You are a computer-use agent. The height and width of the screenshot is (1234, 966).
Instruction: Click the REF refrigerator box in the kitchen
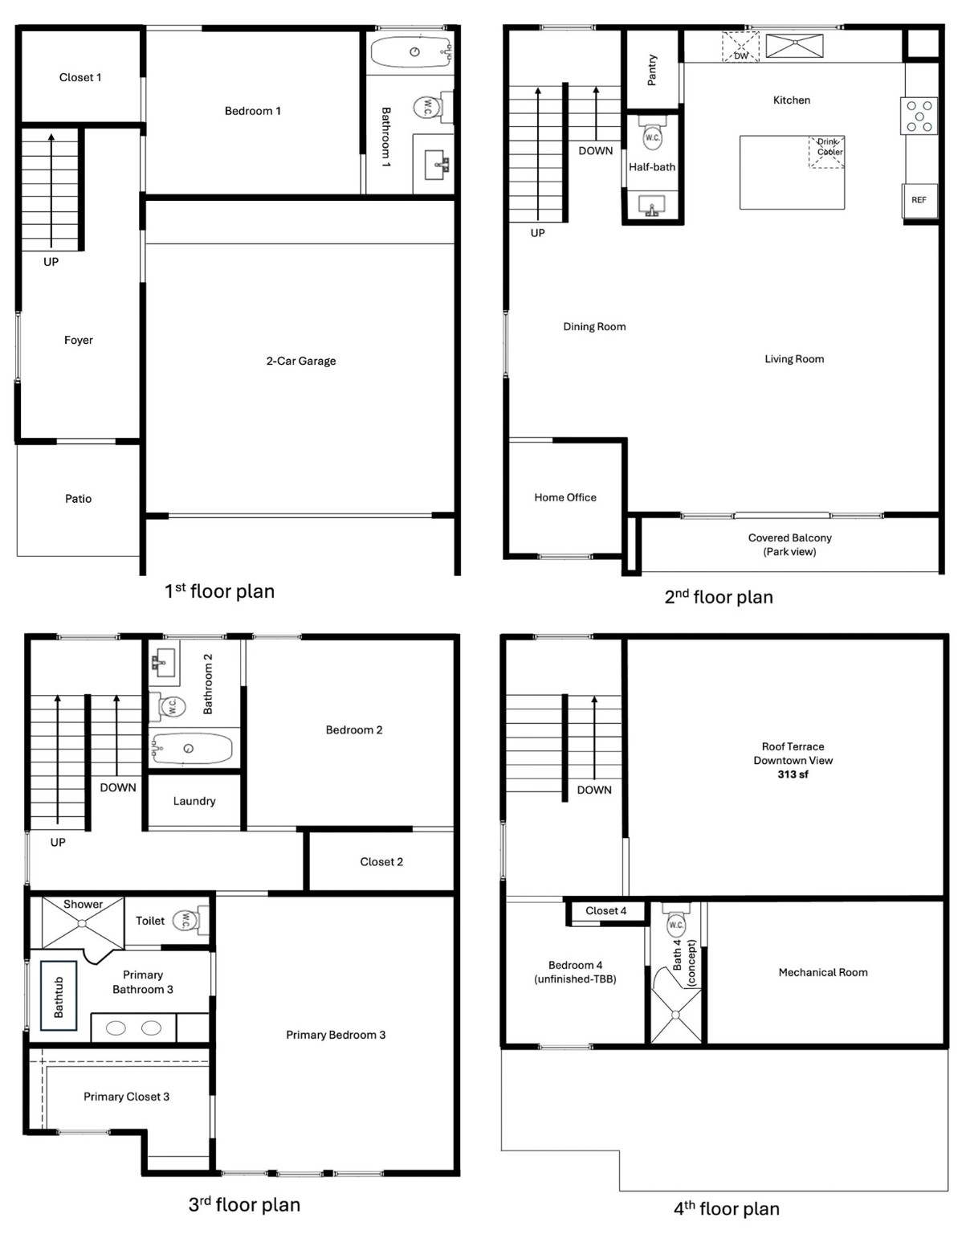(x=919, y=200)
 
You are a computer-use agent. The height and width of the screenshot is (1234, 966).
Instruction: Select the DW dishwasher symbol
(x=740, y=47)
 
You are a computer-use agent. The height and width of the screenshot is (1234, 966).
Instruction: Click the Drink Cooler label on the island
(x=829, y=147)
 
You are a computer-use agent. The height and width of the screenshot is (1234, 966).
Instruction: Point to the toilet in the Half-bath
(x=652, y=134)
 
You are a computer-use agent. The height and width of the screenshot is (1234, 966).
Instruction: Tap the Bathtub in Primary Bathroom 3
(x=59, y=996)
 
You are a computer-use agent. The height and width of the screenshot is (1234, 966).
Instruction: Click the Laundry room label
(x=194, y=801)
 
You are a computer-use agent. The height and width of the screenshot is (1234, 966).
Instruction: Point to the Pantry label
(x=652, y=70)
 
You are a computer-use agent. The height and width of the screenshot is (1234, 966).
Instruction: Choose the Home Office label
(x=565, y=497)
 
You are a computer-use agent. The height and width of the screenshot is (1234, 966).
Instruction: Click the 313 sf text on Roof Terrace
(x=793, y=774)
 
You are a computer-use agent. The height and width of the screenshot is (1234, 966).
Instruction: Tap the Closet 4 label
(x=606, y=910)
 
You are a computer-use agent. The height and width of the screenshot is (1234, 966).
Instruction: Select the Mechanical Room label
(x=823, y=972)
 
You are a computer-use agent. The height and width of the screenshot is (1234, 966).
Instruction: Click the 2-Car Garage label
(x=301, y=361)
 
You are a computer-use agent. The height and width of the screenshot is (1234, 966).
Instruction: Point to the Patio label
(x=78, y=499)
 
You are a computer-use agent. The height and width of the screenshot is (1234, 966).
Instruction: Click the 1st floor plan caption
(x=219, y=591)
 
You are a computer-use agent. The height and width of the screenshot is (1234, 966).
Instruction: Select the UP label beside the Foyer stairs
(x=51, y=262)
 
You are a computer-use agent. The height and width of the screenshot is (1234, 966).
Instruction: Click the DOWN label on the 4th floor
(x=594, y=790)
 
